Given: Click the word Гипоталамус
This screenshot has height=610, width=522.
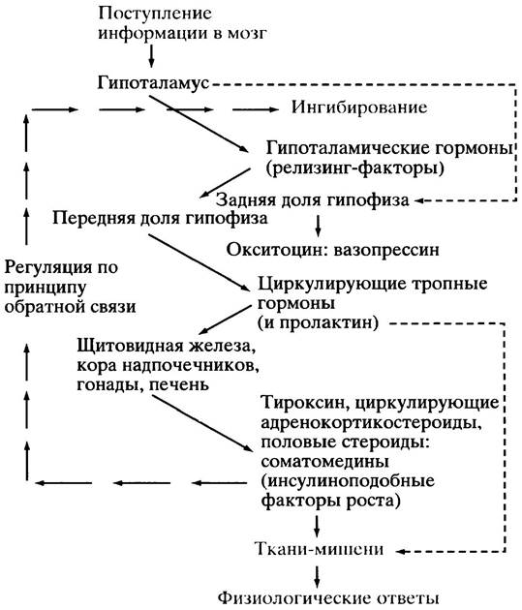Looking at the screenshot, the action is coord(153,83).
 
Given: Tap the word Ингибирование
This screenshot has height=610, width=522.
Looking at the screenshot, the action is coord(359,107).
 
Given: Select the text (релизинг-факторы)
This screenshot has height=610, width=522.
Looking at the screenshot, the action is coord(355,168).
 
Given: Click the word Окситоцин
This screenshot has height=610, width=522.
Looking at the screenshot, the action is coord(280,250).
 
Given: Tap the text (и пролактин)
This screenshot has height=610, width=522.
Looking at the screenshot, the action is coord(318,322).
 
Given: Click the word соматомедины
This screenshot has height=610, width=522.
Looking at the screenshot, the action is coord(324,462).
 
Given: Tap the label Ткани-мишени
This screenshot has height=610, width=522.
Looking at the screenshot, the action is coord(320,549).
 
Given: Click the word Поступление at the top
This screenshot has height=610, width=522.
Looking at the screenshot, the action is coord(155,15).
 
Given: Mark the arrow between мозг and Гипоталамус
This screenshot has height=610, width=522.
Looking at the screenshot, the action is coord(151,55).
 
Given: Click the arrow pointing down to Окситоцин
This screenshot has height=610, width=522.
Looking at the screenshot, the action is coord(318,225).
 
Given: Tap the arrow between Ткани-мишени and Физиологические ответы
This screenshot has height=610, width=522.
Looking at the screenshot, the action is coord(318,576).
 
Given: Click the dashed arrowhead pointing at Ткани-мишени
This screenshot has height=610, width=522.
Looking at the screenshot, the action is coord(402,551).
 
